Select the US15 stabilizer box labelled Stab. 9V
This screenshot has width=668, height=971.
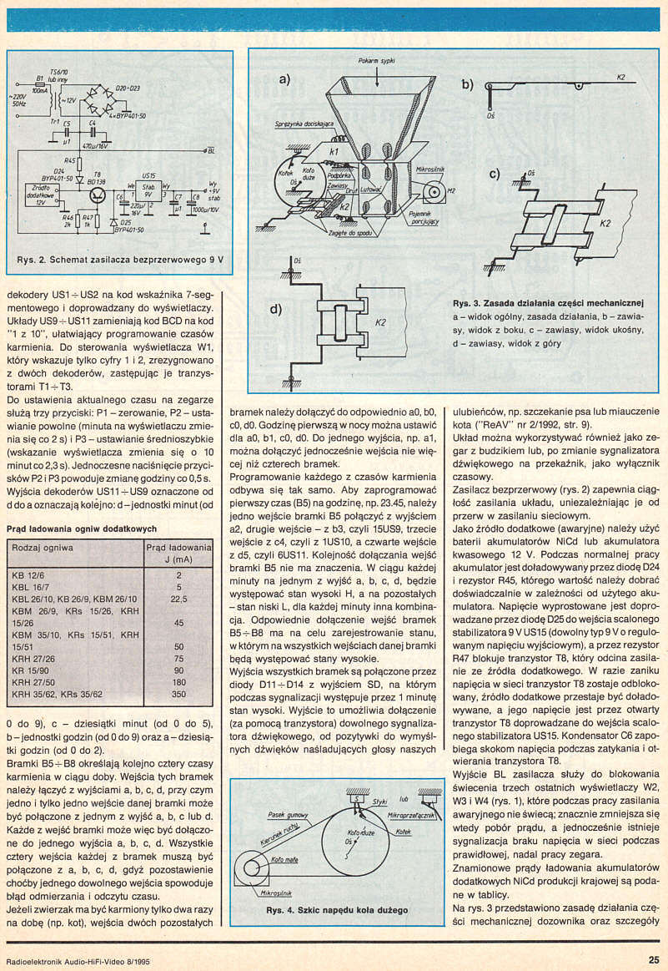[x=150, y=191]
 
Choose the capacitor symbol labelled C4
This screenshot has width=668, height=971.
[x=92, y=132]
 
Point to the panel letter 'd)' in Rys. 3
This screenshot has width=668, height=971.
[x=279, y=311]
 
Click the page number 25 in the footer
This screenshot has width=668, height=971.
[x=653, y=959]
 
